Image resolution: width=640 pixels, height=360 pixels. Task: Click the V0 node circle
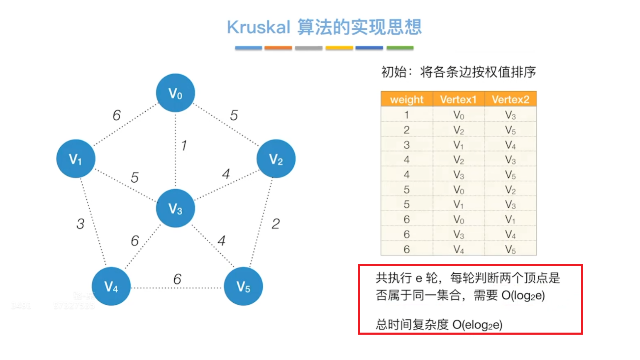(x=175, y=93)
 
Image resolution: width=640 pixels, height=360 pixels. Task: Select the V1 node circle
(x=76, y=159)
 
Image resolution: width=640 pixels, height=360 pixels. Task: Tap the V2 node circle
(x=276, y=159)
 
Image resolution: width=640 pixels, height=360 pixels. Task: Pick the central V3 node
(x=175, y=208)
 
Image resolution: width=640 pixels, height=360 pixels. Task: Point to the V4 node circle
(x=111, y=286)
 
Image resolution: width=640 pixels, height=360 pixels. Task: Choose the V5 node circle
(x=243, y=286)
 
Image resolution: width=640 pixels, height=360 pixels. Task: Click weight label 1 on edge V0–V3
(x=184, y=145)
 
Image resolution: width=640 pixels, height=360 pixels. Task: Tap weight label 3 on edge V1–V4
(x=81, y=224)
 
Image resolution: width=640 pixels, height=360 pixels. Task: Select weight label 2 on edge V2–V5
(x=276, y=224)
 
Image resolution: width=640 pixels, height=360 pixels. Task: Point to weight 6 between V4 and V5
(x=177, y=279)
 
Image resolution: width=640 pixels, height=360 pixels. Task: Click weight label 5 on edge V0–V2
(x=234, y=115)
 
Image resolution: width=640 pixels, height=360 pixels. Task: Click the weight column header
(x=406, y=100)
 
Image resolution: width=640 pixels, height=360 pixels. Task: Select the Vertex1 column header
(x=458, y=100)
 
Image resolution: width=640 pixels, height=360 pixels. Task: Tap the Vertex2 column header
(x=510, y=100)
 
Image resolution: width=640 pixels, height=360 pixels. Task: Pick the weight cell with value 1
(x=406, y=115)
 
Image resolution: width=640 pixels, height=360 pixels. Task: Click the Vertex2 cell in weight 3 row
(x=510, y=145)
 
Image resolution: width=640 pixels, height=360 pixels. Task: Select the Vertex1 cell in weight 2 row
(x=458, y=130)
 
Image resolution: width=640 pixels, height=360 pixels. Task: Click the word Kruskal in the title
(x=258, y=27)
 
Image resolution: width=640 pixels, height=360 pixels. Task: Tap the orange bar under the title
(x=278, y=48)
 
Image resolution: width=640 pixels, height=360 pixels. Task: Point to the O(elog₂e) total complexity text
(x=477, y=324)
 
